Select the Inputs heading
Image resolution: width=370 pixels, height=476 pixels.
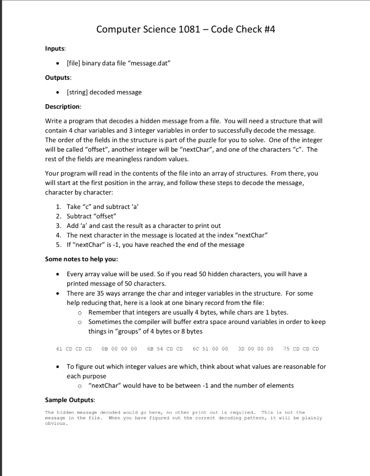tap(55, 48)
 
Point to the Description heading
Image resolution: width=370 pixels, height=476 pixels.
tap(63, 106)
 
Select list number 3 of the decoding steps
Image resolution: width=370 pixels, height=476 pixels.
tap(58, 225)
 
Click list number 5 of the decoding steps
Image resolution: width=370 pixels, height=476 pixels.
tap(58, 245)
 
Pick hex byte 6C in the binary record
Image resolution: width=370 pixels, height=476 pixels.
tap(195, 349)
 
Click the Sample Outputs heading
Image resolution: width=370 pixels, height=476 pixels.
tap(68, 400)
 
